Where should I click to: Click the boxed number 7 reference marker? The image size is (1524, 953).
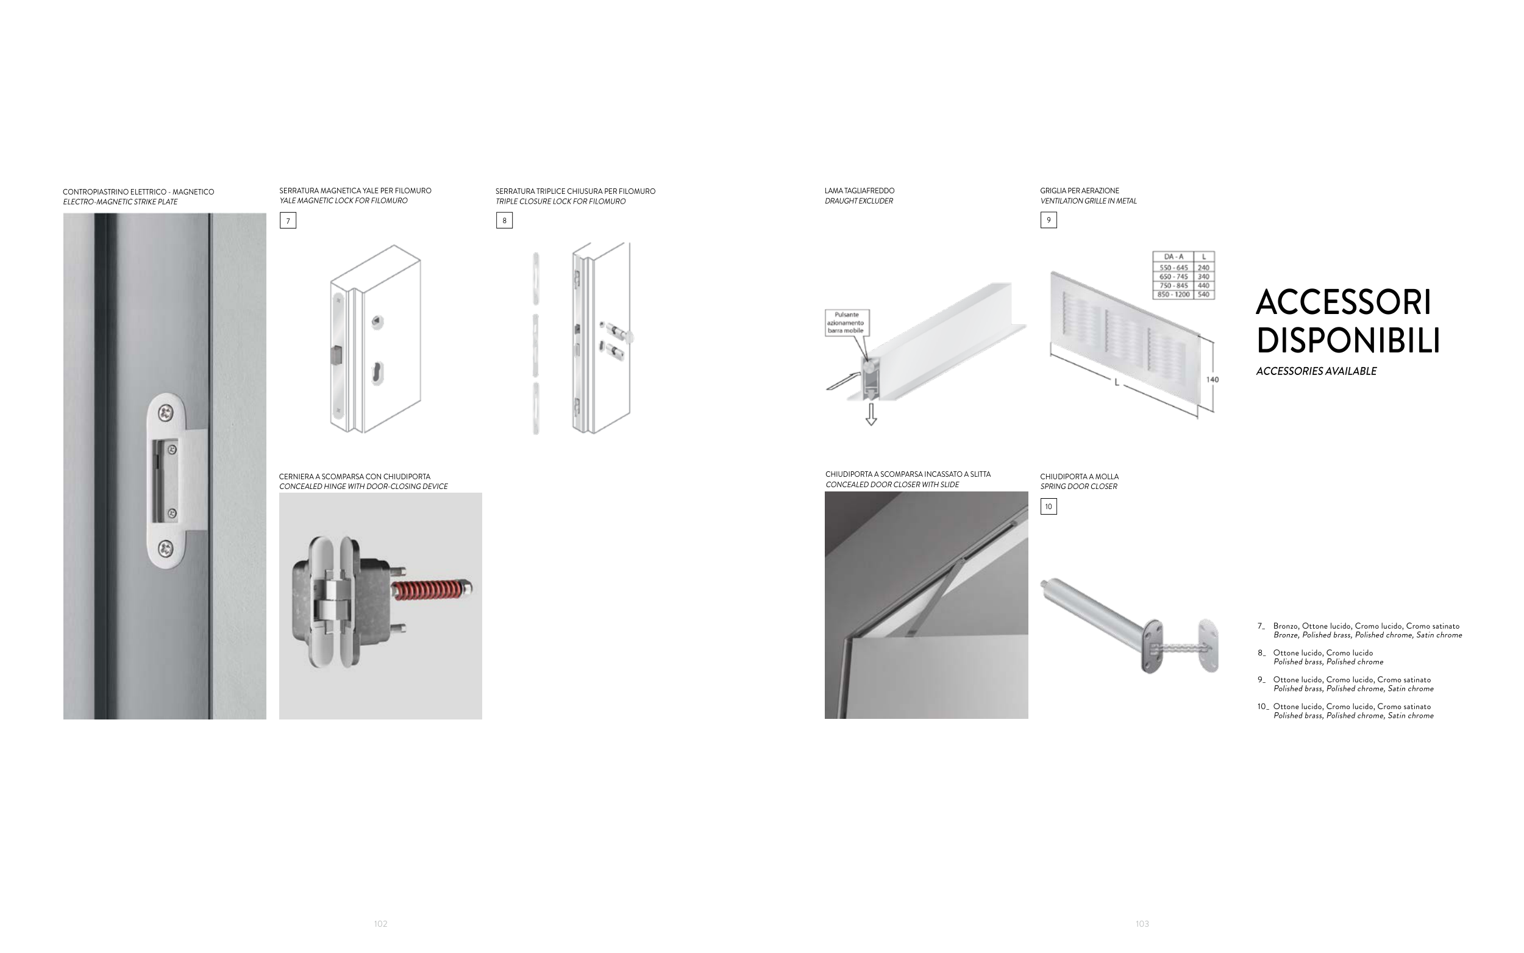288,221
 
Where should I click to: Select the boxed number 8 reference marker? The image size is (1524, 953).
504,221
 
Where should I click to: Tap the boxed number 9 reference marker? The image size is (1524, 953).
1049,220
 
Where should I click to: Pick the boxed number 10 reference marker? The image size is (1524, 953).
1049,507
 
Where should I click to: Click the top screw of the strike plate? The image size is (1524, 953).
166,413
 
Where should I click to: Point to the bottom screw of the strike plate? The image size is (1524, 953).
166,548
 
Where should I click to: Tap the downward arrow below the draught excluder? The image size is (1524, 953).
871,414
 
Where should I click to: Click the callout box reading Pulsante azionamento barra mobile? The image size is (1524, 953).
847,322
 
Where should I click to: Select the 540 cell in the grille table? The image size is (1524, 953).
1203,294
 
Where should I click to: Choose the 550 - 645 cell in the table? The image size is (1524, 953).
1173,268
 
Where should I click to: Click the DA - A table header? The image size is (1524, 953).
1173,257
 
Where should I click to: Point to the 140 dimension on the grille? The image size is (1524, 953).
1212,379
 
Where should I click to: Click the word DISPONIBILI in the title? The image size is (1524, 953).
1348,341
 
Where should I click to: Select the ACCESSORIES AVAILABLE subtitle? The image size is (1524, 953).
1316,371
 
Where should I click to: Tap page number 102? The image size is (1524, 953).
380,924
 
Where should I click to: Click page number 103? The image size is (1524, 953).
1142,924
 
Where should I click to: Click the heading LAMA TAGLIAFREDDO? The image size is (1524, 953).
860,191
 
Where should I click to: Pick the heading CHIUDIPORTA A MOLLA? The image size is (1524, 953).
1079,477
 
